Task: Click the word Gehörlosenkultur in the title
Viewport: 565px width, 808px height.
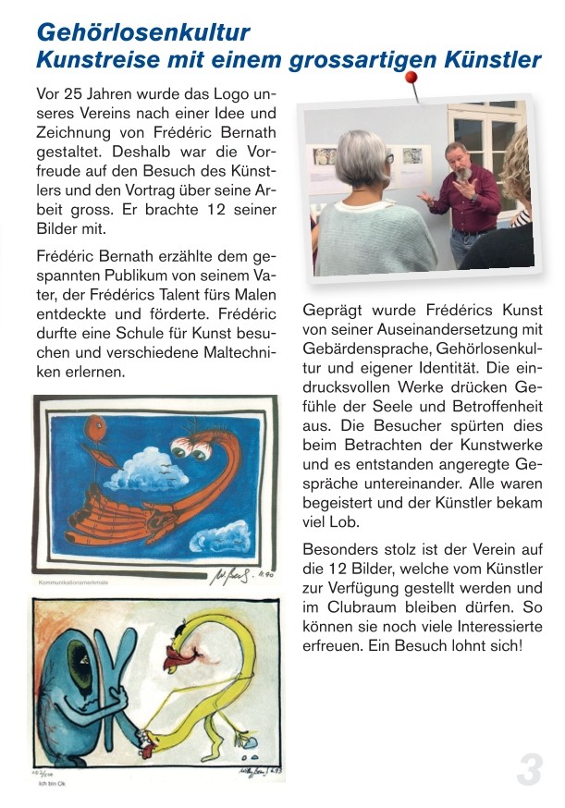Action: point(143,33)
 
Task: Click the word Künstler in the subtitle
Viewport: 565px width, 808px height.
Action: point(495,61)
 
